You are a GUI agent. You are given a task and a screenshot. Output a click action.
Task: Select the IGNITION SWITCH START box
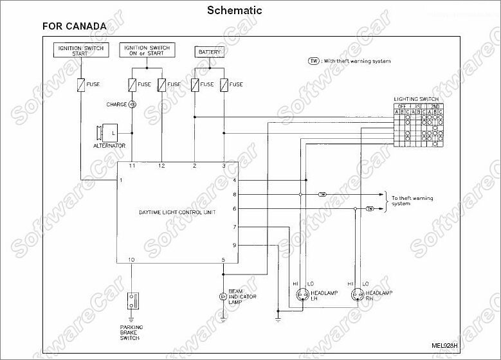pyautogui.click(x=80, y=51)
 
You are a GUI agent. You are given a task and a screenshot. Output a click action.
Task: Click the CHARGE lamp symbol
pyautogui.click(x=132, y=104)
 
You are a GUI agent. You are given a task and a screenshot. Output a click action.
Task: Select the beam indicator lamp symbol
pyautogui.click(x=223, y=296)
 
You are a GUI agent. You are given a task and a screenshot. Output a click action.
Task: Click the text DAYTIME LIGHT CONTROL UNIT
pyautogui.click(x=177, y=212)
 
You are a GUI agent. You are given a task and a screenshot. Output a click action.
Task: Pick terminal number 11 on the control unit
pyautogui.click(x=132, y=166)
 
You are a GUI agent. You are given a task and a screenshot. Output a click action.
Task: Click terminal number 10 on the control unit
pyautogui.click(x=131, y=260)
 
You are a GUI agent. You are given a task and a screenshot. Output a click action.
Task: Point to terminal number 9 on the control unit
pyautogui.click(x=234, y=245)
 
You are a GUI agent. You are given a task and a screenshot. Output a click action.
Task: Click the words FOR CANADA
pyautogui.click(x=74, y=27)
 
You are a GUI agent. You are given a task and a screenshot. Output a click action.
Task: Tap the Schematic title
pyautogui.click(x=235, y=10)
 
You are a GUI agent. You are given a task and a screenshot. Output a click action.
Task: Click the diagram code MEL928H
pyautogui.click(x=444, y=345)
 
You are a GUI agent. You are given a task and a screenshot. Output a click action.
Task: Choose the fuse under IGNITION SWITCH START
pyautogui.click(x=80, y=84)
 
